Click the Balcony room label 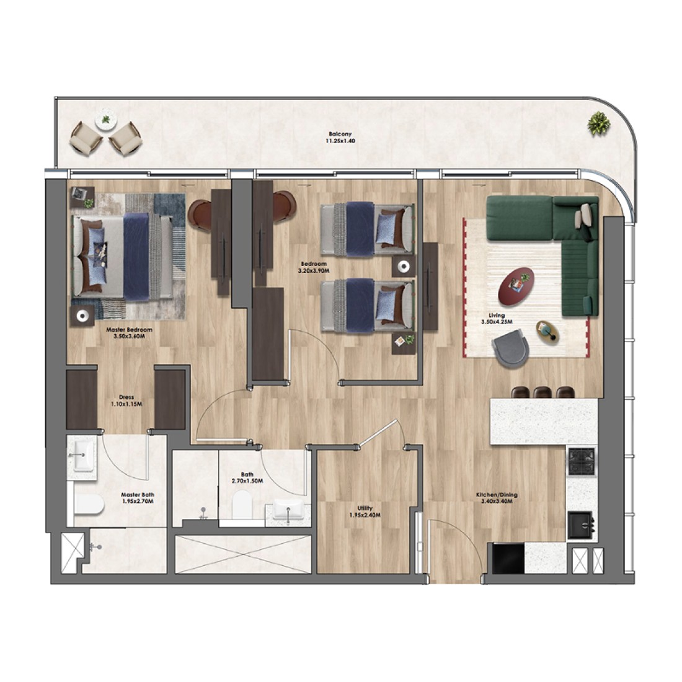point(340,135)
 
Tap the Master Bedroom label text point(129,330)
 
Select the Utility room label point(365,508)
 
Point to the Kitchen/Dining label point(497,495)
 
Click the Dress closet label point(126,397)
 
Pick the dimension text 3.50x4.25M point(497,322)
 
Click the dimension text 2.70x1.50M point(247,481)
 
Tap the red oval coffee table point(516,283)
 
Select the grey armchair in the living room point(510,347)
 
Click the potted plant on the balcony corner point(599,123)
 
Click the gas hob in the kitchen point(581,461)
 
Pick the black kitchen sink point(580,526)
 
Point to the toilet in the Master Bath point(89,505)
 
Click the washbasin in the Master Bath point(82,455)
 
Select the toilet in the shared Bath point(242,505)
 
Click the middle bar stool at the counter point(543,392)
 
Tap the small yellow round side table point(547,332)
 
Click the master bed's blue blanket point(137,257)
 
